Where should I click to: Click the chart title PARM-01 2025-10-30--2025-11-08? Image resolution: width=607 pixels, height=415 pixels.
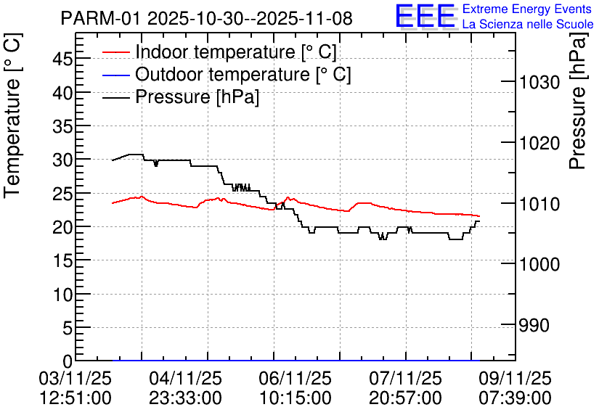coord(206,18)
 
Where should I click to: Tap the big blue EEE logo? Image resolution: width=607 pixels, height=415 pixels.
coord(425,16)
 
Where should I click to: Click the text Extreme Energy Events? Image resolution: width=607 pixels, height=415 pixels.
coord(527,9)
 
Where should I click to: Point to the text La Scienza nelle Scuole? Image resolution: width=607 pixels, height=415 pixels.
coord(527,24)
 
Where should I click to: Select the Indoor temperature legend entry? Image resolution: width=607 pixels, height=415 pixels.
coord(235,52)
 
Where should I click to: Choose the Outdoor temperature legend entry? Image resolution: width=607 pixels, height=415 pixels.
coord(243,74)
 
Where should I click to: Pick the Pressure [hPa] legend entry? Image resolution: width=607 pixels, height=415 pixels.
coord(197,96)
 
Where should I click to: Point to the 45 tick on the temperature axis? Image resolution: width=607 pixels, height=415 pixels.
coord(63,59)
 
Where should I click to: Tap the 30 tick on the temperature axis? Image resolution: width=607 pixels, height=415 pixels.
coord(63,160)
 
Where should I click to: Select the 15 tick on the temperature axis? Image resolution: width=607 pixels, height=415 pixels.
coord(63,260)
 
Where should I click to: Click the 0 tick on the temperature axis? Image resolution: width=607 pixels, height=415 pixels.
coord(68,361)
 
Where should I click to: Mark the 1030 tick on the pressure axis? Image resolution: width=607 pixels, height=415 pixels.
coord(539,83)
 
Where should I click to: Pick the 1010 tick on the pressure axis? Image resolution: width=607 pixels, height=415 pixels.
coord(539,204)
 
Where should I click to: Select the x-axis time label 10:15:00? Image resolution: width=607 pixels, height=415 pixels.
coord(295,398)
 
